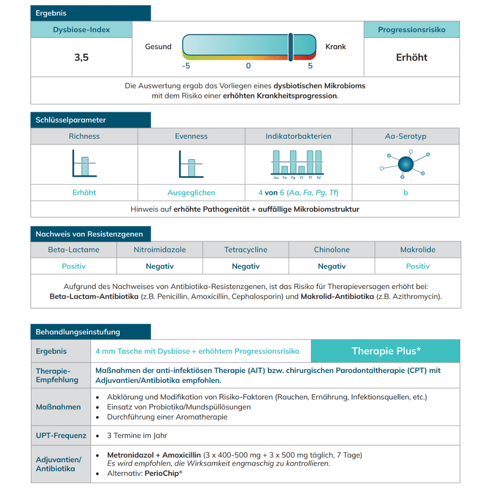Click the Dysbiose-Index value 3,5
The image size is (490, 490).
(81, 57)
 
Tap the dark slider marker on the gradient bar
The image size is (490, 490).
(291, 47)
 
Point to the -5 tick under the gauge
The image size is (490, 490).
(186, 66)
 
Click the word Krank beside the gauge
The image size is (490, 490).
(336, 47)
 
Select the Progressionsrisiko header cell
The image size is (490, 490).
(412, 30)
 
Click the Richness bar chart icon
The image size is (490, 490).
(84, 164)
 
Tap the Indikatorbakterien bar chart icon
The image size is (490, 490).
(297, 164)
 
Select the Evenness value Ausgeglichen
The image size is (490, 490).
(191, 193)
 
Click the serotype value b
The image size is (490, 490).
(405, 193)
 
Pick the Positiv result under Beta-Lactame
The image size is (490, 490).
(73, 266)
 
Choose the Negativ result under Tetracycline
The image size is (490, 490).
(245, 266)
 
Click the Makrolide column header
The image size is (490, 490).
(417, 249)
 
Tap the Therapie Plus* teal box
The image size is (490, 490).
(386, 351)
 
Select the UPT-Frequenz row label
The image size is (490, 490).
(61, 435)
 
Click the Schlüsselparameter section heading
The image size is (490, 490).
(71, 120)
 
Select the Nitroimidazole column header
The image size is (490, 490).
(160, 249)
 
